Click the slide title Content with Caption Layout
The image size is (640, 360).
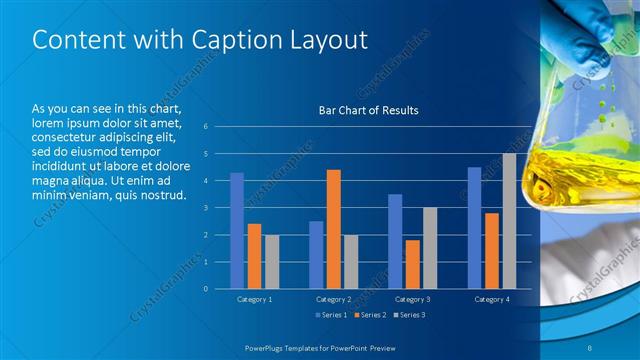tap(200, 40)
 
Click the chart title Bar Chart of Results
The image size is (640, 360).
tap(368, 110)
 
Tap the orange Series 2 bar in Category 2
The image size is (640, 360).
tap(334, 229)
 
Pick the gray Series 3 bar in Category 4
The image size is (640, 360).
tap(509, 221)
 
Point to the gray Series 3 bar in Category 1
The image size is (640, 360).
tap(272, 261)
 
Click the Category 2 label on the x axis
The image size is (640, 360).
tap(334, 299)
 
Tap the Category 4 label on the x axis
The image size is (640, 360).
tap(491, 299)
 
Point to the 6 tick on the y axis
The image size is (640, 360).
tap(205, 127)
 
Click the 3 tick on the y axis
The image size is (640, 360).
tap(205, 208)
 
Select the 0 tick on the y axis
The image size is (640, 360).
tap(205, 289)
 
